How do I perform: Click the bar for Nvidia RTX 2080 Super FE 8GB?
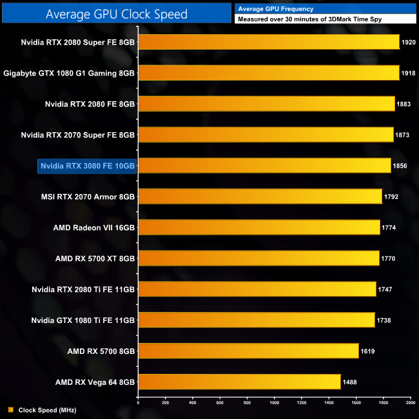pos(269,42)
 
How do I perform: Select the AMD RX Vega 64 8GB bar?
pos(239,382)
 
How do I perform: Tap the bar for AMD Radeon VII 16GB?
pos(259,228)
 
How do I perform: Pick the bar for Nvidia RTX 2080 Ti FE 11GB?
pos(257,289)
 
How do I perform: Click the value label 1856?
pos(400,166)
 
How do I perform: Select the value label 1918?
pos(409,73)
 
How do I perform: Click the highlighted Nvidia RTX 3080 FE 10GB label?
pos(88,166)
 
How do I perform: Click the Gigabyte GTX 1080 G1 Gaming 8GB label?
pos(69,73)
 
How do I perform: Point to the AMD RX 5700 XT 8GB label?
pos(95,258)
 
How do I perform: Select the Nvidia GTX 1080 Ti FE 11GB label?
pos(83,320)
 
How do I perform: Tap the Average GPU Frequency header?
pos(275,9)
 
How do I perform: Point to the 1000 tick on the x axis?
pos(275,403)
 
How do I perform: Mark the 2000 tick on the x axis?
pos(410,403)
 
